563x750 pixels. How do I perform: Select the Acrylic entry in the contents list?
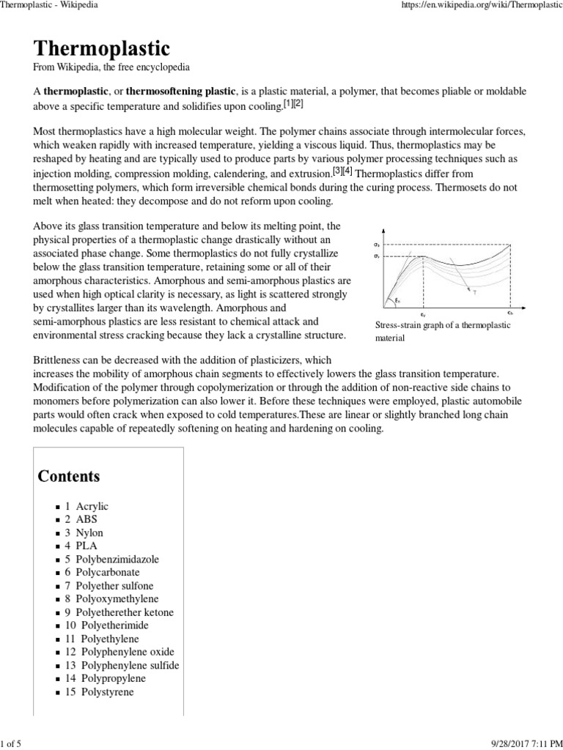(92, 506)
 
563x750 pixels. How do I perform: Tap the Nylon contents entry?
(89, 532)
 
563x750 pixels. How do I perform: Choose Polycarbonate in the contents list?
(107, 572)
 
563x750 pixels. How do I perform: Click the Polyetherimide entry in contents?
(111, 625)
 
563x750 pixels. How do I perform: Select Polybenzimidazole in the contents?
(117, 559)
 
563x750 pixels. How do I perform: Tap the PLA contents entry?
(87, 546)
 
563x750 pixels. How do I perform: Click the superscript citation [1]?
(288, 104)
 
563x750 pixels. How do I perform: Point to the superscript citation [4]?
(348, 171)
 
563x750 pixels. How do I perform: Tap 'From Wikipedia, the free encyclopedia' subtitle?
(112, 67)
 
